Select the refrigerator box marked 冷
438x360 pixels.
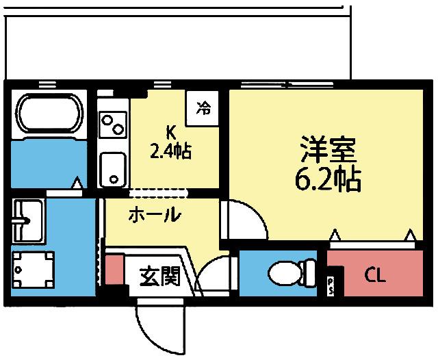203,108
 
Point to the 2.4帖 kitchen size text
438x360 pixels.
170,150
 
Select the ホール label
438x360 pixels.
155,216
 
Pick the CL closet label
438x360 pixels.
374,277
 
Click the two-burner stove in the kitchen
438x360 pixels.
112,125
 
